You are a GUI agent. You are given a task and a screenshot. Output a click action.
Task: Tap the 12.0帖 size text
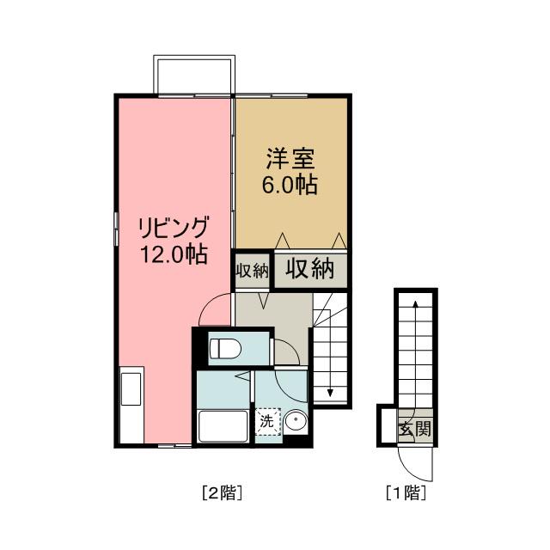174,254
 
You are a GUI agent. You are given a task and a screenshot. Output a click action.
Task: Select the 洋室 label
291,158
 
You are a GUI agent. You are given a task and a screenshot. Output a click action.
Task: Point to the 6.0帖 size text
291,184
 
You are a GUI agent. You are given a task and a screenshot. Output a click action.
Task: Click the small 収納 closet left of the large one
253,270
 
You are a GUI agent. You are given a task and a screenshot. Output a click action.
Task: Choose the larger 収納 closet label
309,269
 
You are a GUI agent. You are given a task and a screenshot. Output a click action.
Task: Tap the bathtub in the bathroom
222,426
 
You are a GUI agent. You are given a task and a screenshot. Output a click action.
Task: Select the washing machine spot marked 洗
267,421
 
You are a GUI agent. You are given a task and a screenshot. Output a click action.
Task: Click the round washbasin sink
296,423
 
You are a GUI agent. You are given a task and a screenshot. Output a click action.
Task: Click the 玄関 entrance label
414,428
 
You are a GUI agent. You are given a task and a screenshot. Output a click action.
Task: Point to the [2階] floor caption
221,493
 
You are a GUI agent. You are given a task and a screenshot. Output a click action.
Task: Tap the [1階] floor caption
406,493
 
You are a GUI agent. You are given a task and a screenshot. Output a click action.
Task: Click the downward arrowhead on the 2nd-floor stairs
331,393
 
